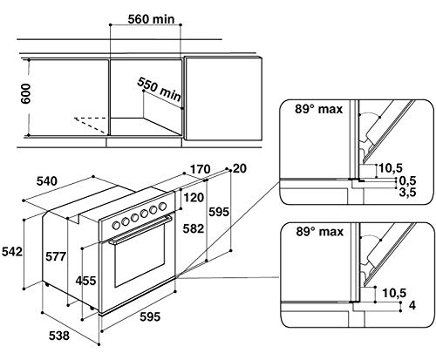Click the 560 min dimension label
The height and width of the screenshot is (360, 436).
tap(151, 19)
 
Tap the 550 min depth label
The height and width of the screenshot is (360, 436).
tap(159, 89)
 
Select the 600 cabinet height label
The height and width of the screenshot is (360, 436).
tap(25, 93)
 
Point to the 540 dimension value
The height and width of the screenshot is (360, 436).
tap(47, 181)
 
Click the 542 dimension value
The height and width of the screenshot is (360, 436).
tap(12, 252)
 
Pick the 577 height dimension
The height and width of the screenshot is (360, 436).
tap(56, 256)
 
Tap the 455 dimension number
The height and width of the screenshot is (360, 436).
tap(85, 281)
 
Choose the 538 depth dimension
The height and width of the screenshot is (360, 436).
tap(59, 336)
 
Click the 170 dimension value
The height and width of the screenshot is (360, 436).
tap(200, 169)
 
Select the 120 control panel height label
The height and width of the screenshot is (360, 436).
tap(194, 198)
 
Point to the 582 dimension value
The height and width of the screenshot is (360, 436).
tap(194, 229)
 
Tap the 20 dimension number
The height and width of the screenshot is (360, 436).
tap(240, 168)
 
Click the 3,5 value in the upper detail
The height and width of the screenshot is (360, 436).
tap(407, 193)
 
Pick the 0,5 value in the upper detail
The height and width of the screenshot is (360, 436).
tap(407, 180)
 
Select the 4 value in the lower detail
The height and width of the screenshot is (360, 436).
tap(412, 305)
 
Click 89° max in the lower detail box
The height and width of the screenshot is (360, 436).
tap(320, 232)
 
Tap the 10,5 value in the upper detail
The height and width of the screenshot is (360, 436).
tap(391, 168)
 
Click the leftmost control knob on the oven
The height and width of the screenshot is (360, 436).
tap(116, 225)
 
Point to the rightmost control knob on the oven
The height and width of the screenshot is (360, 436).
tap(162, 207)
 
